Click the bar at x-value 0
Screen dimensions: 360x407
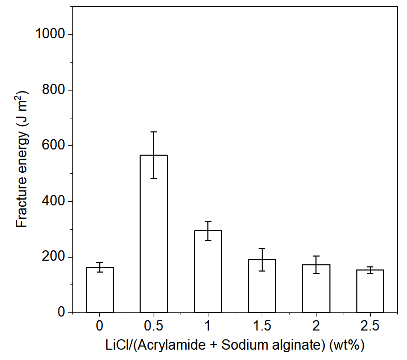tap(100, 290)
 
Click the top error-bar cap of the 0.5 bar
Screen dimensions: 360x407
tap(154, 132)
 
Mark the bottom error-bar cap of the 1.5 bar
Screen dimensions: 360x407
tap(262, 271)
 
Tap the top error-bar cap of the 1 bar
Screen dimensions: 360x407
tap(208, 221)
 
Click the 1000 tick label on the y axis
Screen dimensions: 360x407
tap(51, 34)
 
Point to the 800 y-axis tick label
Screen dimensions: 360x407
tap(54, 90)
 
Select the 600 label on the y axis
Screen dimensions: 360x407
tap(54, 146)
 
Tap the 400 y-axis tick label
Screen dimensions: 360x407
tap(54, 201)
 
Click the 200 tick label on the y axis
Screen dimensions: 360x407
tap(54, 257)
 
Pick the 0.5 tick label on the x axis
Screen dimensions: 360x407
tap(154, 326)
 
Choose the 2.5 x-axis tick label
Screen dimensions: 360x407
tap(370, 326)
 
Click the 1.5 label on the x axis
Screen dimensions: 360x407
tap(262, 326)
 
